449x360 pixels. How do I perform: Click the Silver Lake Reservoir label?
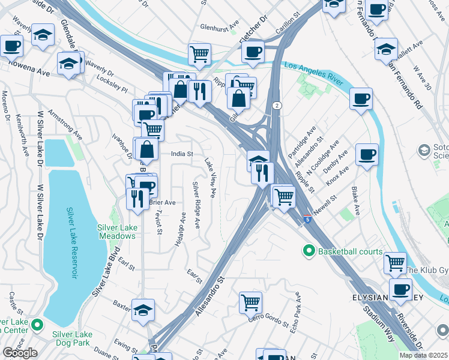[x=71, y=243]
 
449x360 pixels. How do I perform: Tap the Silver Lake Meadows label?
[x=117, y=232]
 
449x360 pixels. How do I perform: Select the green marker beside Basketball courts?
[x=309, y=250]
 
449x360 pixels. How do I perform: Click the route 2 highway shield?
[x=276, y=106]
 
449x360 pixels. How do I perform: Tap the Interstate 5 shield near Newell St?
[x=307, y=218]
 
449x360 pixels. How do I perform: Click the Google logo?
[x=20, y=353]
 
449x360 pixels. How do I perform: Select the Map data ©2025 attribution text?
[x=423, y=355]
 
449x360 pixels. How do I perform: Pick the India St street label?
[x=182, y=154]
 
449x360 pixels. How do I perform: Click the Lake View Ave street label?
[x=210, y=178]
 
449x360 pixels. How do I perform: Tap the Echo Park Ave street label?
[x=295, y=312]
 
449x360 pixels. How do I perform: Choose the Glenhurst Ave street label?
[x=220, y=28]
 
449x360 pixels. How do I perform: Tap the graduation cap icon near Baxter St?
[x=143, y=310]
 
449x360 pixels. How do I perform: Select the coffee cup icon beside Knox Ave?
[x=367, y=154]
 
